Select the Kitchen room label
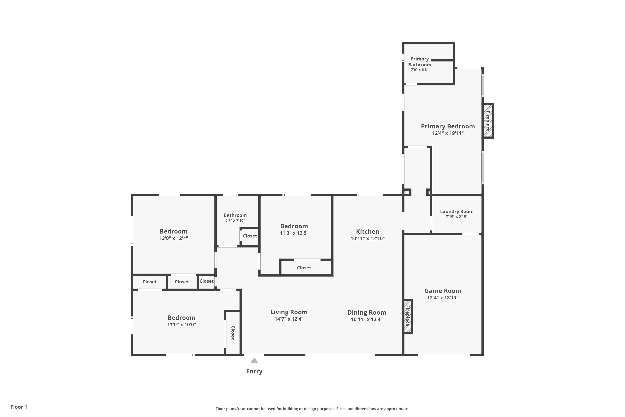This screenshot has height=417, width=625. (x=367, y=232)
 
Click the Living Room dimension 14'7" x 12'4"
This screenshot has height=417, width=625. (x=289, y=319)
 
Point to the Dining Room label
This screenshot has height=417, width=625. (x=367, y=313)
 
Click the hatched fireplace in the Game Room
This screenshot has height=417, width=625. (x=408, y=316)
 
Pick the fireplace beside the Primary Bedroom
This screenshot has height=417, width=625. (x=488, y=121)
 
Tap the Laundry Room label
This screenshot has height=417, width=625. (x=456, y=211)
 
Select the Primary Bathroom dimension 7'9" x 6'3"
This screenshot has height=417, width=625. (x=419, y=70)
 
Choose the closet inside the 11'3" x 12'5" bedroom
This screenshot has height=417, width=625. (x=304, y=268)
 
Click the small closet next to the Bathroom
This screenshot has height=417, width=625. (x=250, y=236)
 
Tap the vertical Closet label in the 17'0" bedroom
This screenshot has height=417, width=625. (x=233, y=333)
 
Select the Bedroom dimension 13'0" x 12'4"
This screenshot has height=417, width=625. (x=174, y=238)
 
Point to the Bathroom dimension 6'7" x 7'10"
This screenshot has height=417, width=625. (x=235, y=220)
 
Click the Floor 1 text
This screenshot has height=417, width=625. (x=19, y=407)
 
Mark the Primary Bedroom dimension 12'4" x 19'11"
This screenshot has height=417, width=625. (x=448, y=133)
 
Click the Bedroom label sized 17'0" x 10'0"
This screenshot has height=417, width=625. (x=181, y=318)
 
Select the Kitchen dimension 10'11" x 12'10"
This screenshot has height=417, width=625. (x=367, y=239)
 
